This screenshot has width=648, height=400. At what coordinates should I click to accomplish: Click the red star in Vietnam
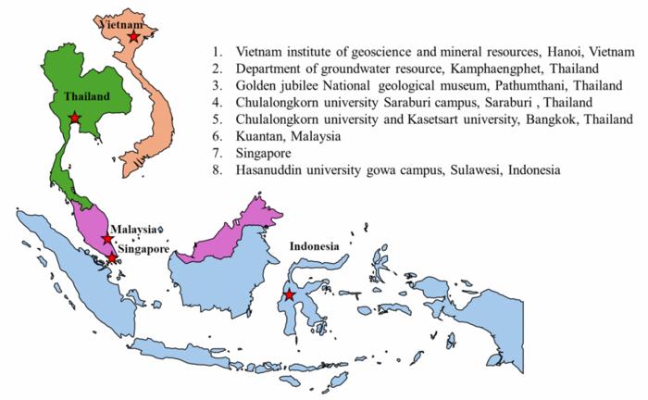pos(134,37)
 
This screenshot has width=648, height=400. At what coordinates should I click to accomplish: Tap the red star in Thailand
pos(75,118)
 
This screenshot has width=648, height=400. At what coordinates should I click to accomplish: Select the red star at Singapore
pos(112,258)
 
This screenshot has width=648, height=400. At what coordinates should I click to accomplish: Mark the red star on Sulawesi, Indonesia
pos(290,294)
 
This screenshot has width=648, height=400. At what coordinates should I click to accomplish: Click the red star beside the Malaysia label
pos(107,240)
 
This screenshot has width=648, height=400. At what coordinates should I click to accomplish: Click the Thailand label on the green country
pos(86,95)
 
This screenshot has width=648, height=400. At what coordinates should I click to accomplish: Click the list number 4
pos(216,103)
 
